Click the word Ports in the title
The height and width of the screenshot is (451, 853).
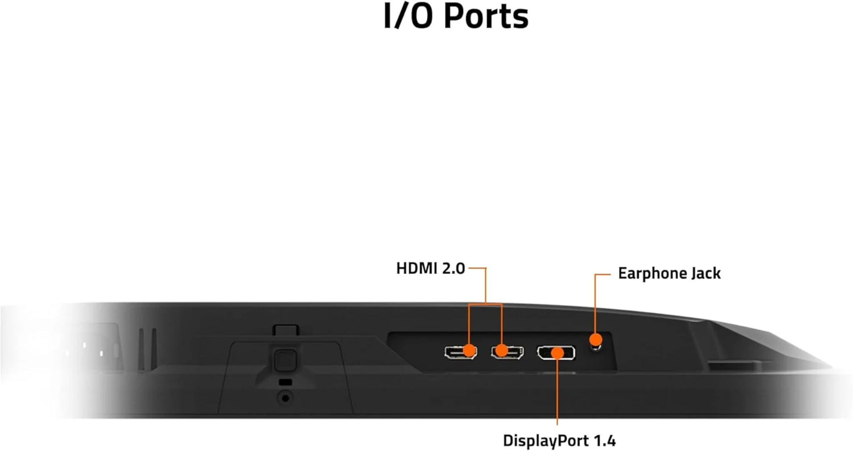486,17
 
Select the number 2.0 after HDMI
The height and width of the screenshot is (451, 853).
453,268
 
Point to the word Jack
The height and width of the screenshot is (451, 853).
706,273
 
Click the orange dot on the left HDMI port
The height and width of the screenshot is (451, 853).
469,350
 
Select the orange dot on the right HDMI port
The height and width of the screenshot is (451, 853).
502,350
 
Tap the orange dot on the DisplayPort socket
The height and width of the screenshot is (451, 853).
557,353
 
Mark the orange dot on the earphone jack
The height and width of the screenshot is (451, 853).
596,339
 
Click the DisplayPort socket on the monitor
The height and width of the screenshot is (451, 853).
556,353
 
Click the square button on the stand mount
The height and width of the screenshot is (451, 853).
285,359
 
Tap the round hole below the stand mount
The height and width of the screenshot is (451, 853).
285,398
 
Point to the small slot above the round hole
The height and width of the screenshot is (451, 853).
285,382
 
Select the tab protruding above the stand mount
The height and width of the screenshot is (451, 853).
286,330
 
